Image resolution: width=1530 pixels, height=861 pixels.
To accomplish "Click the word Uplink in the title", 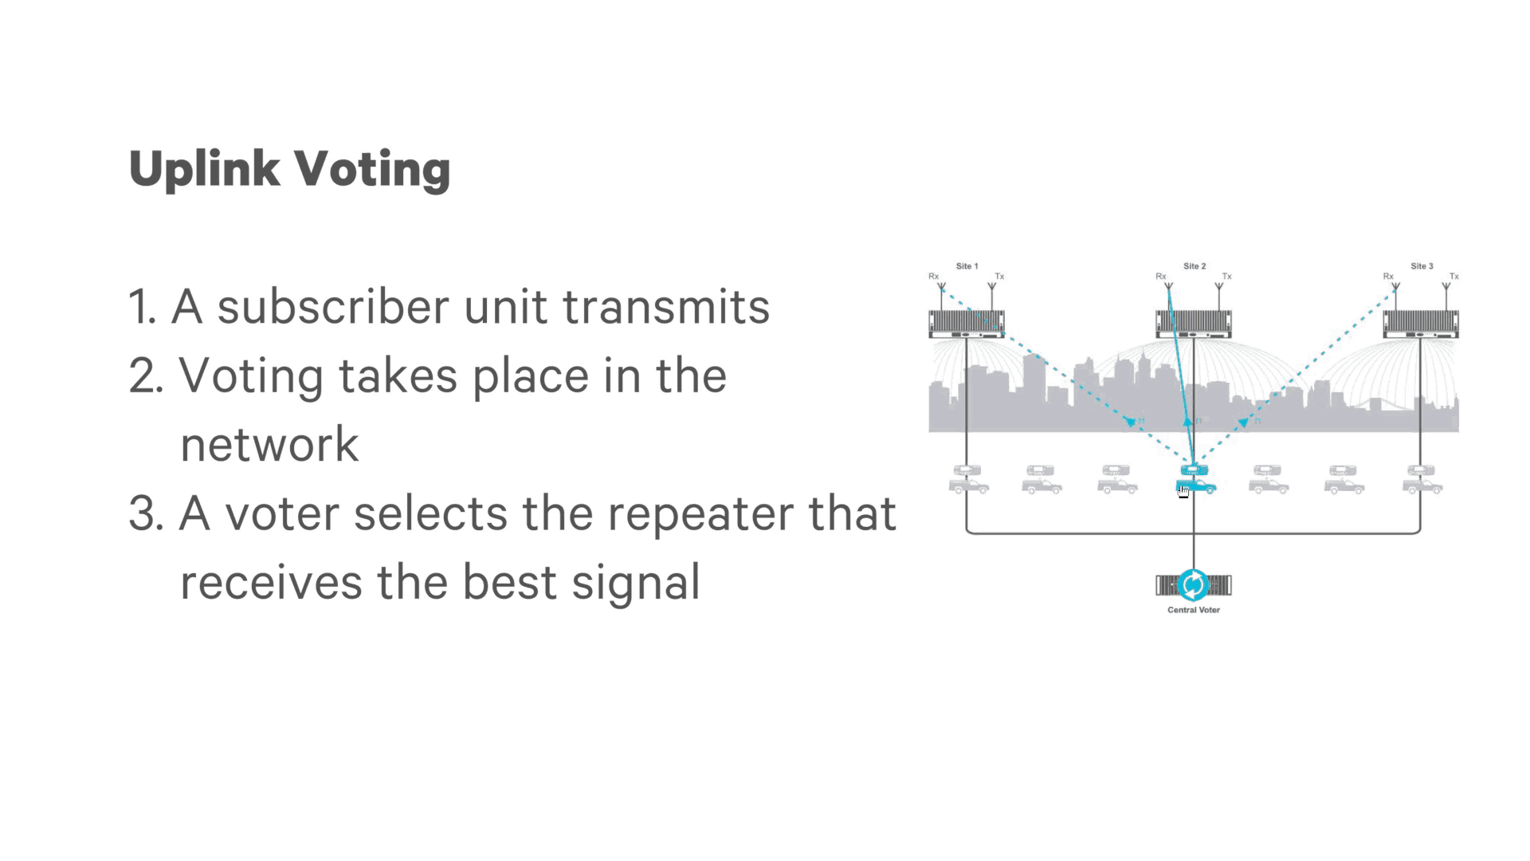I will coord(204,169).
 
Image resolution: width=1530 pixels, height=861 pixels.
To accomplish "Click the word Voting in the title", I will coord(372,169).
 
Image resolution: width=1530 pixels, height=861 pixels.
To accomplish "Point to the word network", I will coord(269,445).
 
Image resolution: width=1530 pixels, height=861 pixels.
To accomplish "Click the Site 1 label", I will coord(967,266).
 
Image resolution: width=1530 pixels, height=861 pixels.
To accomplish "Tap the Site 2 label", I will coord(1194,266).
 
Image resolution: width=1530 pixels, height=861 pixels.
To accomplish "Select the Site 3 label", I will coord(1422,266).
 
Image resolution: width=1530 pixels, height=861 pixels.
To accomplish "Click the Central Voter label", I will coord(1193,610).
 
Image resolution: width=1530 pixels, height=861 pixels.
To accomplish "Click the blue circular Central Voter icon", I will coord(1193,585).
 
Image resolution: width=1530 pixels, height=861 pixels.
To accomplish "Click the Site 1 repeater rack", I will coord(966,324).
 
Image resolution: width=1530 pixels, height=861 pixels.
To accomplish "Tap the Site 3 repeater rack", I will coord(1421,324).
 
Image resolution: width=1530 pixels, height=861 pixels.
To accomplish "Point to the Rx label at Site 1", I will coord(933,277).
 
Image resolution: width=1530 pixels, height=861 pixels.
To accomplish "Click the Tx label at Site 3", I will coord(1454,277).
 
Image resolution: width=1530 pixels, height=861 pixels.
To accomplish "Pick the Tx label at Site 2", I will coord(1227,277).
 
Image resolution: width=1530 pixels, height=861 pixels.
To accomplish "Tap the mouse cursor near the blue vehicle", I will coord(1183,491).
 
